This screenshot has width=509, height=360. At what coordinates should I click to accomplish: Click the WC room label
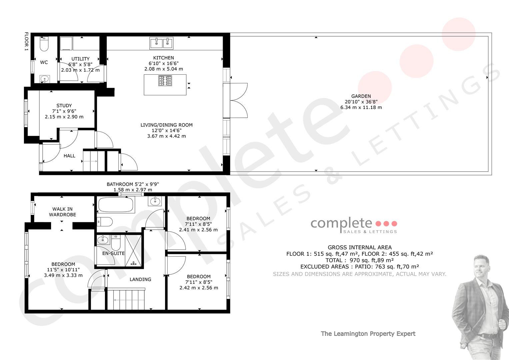pos(44,62)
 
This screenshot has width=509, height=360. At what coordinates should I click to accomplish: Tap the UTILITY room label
pos(80,59)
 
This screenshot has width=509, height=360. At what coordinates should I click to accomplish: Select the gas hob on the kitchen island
pos(165,81)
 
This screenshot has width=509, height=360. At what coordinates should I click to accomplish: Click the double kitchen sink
pos(161,43)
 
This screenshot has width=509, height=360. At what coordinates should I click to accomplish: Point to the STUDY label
pos(64,105)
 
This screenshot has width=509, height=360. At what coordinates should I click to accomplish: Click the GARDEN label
pos(361,96)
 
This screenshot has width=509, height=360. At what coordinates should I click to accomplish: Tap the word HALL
pos(69,156)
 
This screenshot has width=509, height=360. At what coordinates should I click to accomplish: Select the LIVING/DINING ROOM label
pos(167,125)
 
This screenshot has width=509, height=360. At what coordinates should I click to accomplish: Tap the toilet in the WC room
pos(44,44)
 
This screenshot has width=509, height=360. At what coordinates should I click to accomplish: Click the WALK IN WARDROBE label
pos(62,212)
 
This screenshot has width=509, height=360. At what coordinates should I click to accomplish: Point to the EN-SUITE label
pos(113,253)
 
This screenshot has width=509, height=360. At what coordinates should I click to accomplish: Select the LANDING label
pos(140,279)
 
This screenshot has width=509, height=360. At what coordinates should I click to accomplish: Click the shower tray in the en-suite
pos(133,251)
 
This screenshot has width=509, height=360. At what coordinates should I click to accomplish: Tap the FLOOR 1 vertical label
pos(27,41)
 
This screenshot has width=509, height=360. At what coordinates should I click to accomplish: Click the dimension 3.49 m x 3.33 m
pos(63,275)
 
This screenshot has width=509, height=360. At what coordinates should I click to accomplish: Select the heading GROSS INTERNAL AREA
pos(360,247)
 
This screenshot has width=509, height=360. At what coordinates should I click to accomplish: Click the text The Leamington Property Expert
pos(368,334)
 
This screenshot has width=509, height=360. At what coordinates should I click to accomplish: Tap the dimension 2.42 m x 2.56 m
pos(199,288)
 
